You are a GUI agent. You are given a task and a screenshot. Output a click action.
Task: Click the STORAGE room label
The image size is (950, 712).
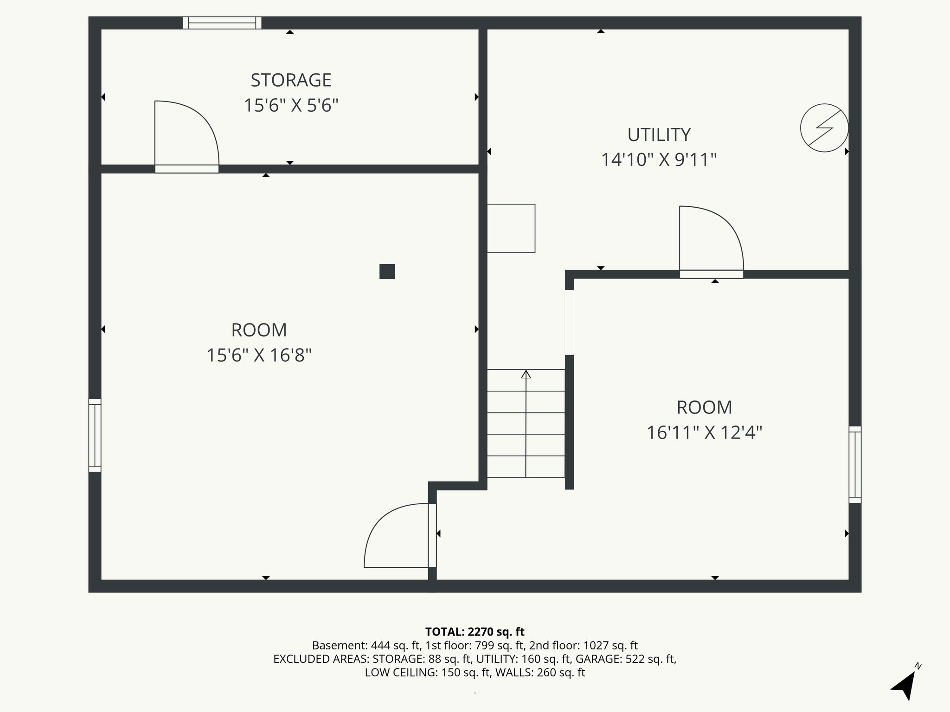point(291,80)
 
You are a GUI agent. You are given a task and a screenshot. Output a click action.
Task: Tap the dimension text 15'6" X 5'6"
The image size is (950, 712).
point(291,106)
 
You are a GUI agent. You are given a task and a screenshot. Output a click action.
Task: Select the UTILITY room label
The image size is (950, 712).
point(659,135)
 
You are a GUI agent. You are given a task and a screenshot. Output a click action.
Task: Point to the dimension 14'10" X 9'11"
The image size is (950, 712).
point(659,160)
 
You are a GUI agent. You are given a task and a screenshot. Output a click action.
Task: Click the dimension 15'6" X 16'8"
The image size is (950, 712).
point(259,356)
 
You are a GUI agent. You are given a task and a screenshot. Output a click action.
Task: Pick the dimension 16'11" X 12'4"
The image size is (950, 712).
point(704,433)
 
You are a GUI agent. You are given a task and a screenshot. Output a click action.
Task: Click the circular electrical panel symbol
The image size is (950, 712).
point(824,128)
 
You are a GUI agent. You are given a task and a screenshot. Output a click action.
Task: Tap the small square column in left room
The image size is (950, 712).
point(387,271)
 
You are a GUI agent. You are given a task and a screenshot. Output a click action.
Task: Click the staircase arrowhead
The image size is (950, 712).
point(526,374)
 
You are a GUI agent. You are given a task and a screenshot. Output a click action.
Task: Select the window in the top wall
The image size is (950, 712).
point(222,23)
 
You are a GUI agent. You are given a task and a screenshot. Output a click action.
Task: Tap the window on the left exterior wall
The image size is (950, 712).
point(95,435)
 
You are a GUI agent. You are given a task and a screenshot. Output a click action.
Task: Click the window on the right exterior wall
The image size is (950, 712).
point(855,464)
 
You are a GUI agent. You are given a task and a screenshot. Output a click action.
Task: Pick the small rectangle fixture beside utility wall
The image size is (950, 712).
point(511,228)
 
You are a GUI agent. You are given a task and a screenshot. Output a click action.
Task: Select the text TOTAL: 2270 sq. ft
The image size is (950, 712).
point(475,631)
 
